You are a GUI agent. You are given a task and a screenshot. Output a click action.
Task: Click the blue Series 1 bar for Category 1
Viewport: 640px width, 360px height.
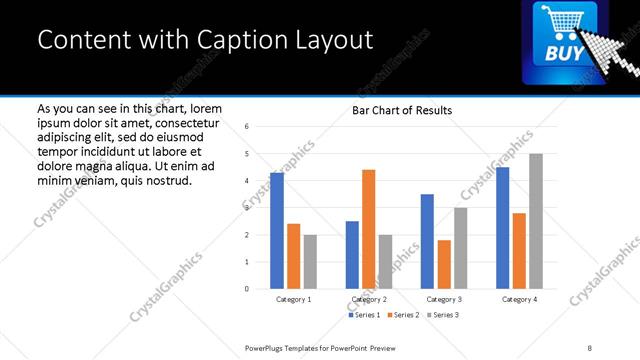277,231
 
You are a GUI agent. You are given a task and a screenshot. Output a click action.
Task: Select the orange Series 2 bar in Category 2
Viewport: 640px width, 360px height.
368,229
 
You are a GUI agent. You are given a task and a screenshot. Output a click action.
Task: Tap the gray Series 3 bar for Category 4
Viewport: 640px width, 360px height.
536,221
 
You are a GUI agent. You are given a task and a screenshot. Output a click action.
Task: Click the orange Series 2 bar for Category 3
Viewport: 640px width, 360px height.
444,264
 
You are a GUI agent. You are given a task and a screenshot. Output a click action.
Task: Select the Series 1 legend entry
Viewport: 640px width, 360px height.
363,315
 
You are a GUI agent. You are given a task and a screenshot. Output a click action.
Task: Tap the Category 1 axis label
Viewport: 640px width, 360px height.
293,299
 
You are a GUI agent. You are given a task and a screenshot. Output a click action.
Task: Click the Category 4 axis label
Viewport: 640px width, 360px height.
519,299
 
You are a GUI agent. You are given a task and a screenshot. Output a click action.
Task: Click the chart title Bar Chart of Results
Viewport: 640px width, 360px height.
401,110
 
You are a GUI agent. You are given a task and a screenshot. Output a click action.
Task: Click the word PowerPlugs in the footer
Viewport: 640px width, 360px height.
265,347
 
